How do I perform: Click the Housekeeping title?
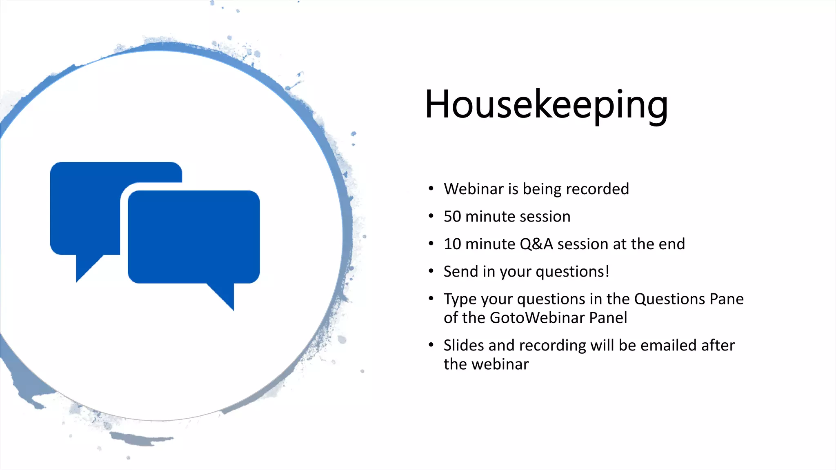click(546, 105)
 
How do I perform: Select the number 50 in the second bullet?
click(452, 217)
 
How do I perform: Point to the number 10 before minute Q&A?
click(452, 244)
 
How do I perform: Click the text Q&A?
click(536, 244)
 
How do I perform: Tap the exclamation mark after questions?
click(607, 271)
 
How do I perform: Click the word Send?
click(460, 272)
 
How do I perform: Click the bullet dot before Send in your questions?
click(431, 271)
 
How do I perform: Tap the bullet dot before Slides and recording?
click(431, 345)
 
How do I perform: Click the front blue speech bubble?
click(194, 237)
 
